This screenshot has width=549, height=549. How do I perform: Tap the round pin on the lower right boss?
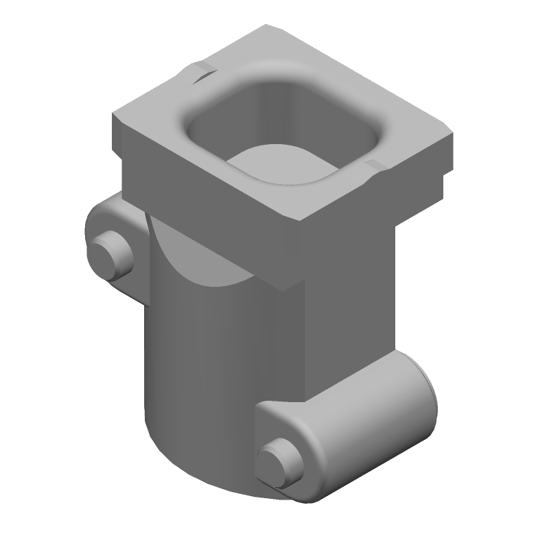277,462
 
